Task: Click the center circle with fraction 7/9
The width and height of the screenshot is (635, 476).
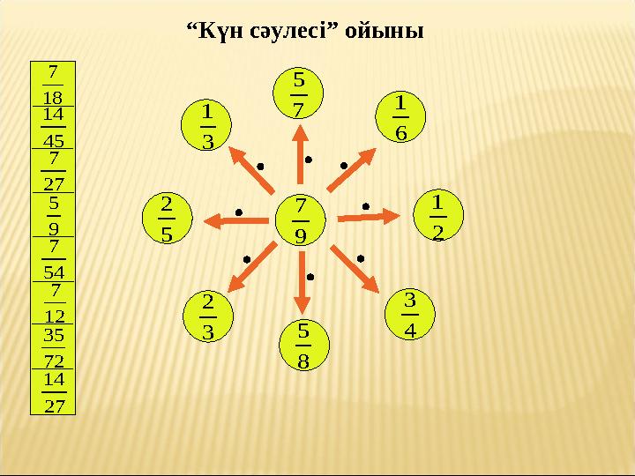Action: pyautogui.click(x=301, y=220)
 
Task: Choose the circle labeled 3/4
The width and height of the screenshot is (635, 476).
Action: pyautogui.click(x=410, y=313)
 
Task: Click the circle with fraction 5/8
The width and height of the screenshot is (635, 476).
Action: pyautogui.click(x=303, y=345)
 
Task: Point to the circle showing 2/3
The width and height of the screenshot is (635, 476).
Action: pyautogui.click(x=207, y=316)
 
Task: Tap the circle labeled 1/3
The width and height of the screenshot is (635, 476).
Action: pyautogui.click(x=207, y=126)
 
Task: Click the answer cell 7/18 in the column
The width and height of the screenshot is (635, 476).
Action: pyautogui.click(x=54, y=84)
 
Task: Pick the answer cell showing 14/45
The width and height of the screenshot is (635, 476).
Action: pyautogui.click(x=54, y=127)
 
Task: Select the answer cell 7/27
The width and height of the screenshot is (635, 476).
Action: pyautogui.click(x=54, y=171)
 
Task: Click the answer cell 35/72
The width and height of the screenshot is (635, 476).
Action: pyautogui.click(x=54, y=347)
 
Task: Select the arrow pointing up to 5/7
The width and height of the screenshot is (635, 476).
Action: pyautogui.click(x=300, y=159)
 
